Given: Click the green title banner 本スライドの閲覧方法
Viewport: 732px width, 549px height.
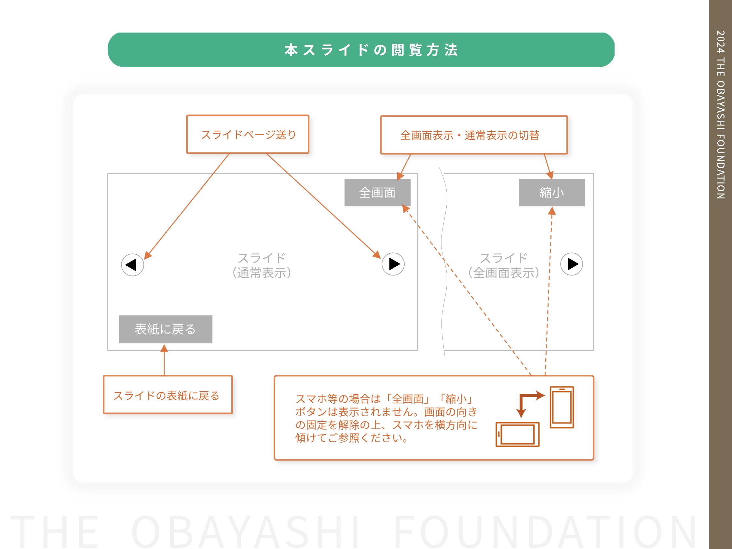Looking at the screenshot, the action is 361,50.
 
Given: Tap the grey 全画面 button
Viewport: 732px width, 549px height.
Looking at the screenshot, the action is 377,193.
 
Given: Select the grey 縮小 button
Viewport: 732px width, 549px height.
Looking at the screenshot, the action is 552,193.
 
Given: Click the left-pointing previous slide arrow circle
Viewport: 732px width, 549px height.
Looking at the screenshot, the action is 132,265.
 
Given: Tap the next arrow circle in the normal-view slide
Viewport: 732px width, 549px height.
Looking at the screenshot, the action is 393,264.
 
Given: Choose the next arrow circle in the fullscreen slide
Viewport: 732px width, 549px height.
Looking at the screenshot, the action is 572,264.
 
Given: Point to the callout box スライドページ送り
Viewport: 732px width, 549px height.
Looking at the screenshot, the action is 248,134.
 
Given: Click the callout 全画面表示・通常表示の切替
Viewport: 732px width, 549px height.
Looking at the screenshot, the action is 474,135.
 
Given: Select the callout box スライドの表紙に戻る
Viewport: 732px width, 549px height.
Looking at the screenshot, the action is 168,395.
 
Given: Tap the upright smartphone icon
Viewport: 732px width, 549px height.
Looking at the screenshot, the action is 562,407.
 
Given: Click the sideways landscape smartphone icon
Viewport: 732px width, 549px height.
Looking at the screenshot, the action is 518,434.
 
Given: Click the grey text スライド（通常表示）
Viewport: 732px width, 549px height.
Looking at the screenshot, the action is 262,265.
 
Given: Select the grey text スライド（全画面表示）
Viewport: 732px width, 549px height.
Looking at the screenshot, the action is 504,265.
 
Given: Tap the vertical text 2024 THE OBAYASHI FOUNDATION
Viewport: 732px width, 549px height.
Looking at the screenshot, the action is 720,114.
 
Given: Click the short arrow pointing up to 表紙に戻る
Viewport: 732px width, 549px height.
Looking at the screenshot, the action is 164,360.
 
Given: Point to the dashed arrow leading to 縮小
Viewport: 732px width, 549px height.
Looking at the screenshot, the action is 549,291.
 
